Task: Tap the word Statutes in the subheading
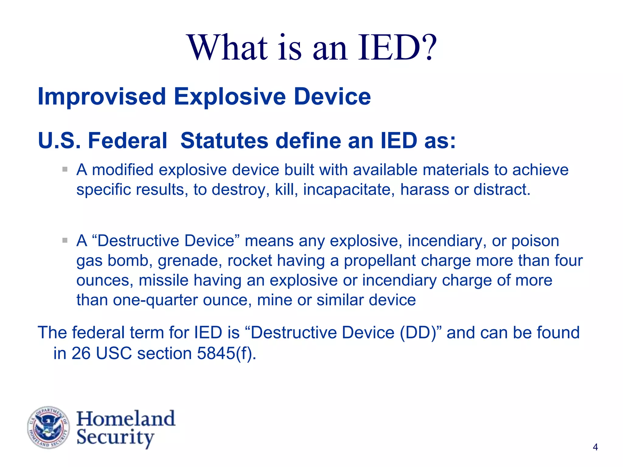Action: (224, 141)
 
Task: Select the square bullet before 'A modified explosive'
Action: (65, 169)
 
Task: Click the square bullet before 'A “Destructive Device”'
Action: (65, 240)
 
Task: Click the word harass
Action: (425, 189)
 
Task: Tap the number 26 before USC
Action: (81, 353)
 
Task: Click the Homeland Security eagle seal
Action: (48, 427)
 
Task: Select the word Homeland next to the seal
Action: (126, 419)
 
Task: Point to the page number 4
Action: (595, 447)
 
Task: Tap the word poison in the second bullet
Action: (535, 241)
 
